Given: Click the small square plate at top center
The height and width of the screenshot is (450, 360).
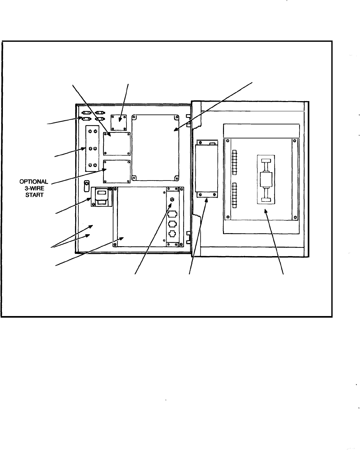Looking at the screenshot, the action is [119, 122].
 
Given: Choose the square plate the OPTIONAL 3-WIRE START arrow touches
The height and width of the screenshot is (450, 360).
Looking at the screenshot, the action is [117, 171].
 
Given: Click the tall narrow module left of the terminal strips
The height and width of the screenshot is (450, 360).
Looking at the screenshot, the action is [206, 169].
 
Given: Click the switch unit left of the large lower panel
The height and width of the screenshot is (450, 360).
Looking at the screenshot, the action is [102, 197].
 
